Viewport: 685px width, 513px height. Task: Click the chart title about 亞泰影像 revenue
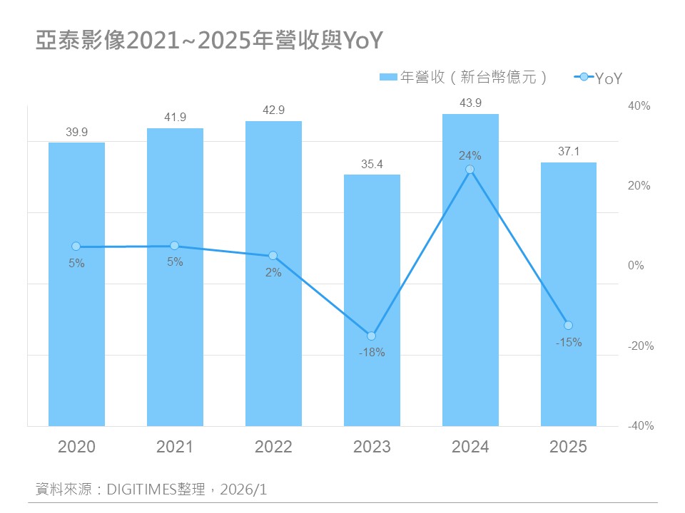(x=210, y=41)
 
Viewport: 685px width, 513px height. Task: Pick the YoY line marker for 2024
(x=470, y=170)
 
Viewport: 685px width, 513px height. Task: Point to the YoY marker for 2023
(x=371, y=336)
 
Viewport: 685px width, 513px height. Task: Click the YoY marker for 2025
(x=568, y=326)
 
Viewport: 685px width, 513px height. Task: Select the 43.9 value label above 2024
(x=470, y=103)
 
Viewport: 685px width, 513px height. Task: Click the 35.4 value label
(x=372, y=164)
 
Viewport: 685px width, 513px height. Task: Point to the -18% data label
(x=372, y=352)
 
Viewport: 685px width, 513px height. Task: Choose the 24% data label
(x=470, y=155)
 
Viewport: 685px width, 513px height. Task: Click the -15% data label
(x=569, y=342)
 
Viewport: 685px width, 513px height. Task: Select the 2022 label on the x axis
(x=273, y=447)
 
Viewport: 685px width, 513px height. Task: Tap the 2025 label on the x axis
(x=569, y=447)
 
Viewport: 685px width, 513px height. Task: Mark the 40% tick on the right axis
(x=639, y=105)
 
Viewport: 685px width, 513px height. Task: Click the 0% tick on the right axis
(x=636, y=266)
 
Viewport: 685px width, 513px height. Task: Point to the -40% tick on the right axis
(x=640, y=426)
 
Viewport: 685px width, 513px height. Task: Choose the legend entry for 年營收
(x=464, y=77)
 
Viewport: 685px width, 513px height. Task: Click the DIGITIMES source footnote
(x=152, y=489)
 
